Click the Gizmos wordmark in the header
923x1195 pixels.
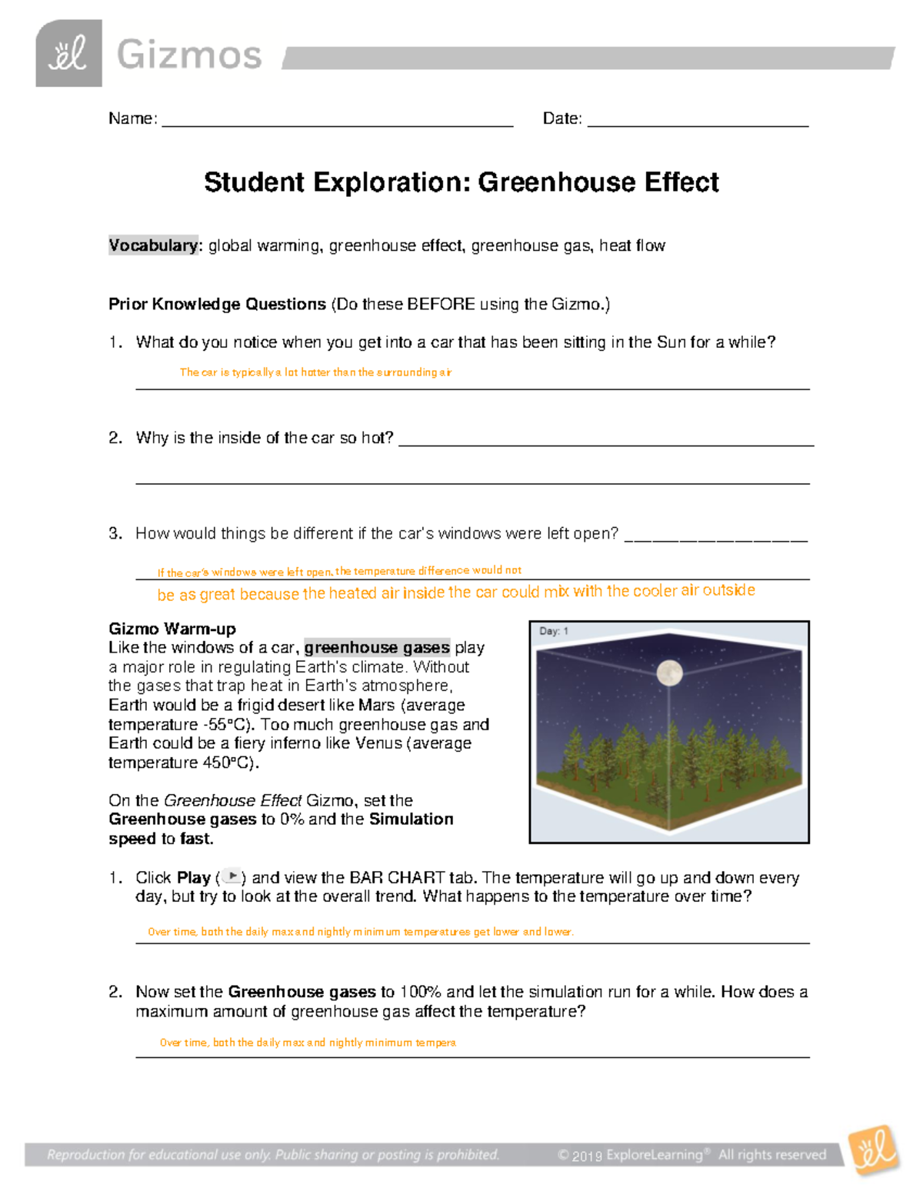point(189,55)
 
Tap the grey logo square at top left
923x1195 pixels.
point(68,54)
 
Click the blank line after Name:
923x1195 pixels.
point(337,122)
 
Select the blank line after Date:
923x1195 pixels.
point(697,122)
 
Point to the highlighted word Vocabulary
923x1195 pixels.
point(153,245)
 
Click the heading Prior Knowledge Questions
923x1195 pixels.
point(217,304)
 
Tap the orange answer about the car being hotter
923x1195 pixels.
point(315,372)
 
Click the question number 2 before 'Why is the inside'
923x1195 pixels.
point(115,438)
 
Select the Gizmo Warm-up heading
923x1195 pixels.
point(172,629)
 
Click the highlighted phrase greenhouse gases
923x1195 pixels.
point(377,648)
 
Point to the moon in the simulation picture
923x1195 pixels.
point(669,673)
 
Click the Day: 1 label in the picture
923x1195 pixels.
point(553,631)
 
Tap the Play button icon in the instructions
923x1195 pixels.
point(232,877)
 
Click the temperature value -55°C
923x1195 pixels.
point(228,725)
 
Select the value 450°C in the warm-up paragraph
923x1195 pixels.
point(228,763)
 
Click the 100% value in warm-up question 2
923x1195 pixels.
point(420,992)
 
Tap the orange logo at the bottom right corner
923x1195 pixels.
point(874,1150)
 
